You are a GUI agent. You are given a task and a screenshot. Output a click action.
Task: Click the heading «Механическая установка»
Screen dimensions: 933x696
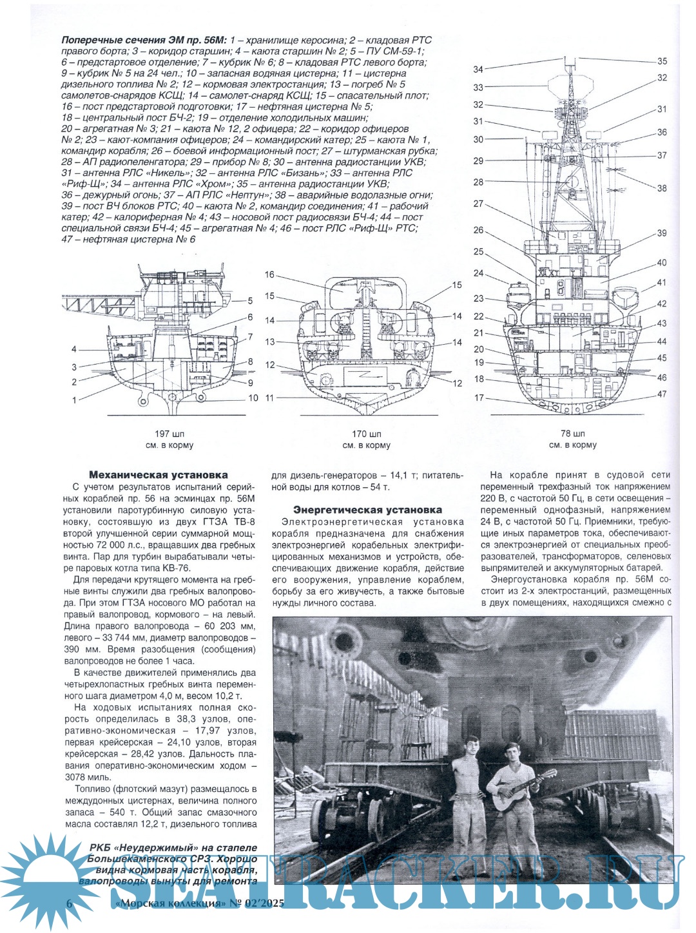pyautogui.click(x=158, y=475)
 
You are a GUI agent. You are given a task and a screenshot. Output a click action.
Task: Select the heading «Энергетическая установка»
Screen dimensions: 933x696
pyautogui.click(x=367, y=510)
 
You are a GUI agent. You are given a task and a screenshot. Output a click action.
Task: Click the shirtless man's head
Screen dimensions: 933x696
pyautogui.click(x=472, y=747)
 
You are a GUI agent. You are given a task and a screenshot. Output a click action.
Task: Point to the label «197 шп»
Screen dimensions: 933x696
pyautogui.click(x=169, y=434)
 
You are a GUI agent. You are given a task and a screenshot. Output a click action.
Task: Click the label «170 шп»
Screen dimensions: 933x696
pyautogui.click(x=366, y=434)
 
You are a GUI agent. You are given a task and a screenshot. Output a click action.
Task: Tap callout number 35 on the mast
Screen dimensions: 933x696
pyautogui.click(x=662, y=62)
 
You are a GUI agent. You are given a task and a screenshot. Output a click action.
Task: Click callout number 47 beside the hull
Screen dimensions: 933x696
pyautogui.click(x=662, y=394)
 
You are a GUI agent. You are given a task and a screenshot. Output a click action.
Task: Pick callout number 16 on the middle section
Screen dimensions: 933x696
pyautogui.click(x=269, y=275)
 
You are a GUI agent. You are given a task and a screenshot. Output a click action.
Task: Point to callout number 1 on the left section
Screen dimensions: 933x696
pyautogui.click(x=74, y=400)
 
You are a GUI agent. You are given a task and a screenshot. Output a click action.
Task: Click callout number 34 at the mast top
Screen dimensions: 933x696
pyautogui.click(x=478, y=70)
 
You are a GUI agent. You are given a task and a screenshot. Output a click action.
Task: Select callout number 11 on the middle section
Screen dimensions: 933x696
pyautogui.click(x=269, y=398)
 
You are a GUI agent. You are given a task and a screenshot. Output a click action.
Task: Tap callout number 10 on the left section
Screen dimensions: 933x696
pyautogui.click(x=253, y=398)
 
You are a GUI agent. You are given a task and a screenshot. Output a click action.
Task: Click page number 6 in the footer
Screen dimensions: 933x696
pyautogui.click(x=69, y=903)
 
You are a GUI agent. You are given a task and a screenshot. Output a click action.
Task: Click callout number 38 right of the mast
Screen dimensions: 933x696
pyautogui.click(x=662, y=189)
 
